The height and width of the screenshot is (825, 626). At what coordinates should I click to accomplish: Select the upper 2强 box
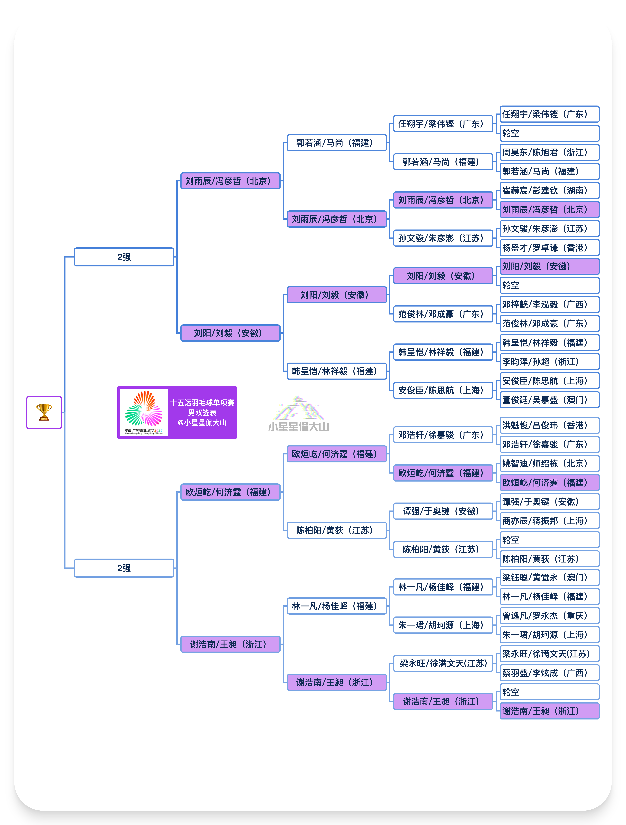pos(124,257)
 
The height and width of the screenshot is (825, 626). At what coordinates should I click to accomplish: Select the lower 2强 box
pos(124,568)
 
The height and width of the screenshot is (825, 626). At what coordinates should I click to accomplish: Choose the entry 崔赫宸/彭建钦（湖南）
pos(549,191)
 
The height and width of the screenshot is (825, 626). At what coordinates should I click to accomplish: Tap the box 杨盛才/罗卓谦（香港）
pos(549,248)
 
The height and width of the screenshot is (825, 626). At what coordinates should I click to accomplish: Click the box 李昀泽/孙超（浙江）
pos(549,362)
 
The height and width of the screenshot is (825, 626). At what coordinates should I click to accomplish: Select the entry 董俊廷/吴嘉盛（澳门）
pos(549,400)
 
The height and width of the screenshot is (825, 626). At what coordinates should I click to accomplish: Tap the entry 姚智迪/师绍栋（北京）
pos(549,464)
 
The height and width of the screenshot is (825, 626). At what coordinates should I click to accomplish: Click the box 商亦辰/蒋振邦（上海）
pos(549,521)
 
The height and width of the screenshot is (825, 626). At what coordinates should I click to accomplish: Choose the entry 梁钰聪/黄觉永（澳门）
pos(549,578)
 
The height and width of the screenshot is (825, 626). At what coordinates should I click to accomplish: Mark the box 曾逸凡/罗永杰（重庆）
pos(549,616)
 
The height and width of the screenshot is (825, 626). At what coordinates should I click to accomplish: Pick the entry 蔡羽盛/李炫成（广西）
pos(549,673)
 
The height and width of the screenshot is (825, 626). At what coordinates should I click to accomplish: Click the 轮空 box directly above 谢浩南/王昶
pos(549,692)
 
